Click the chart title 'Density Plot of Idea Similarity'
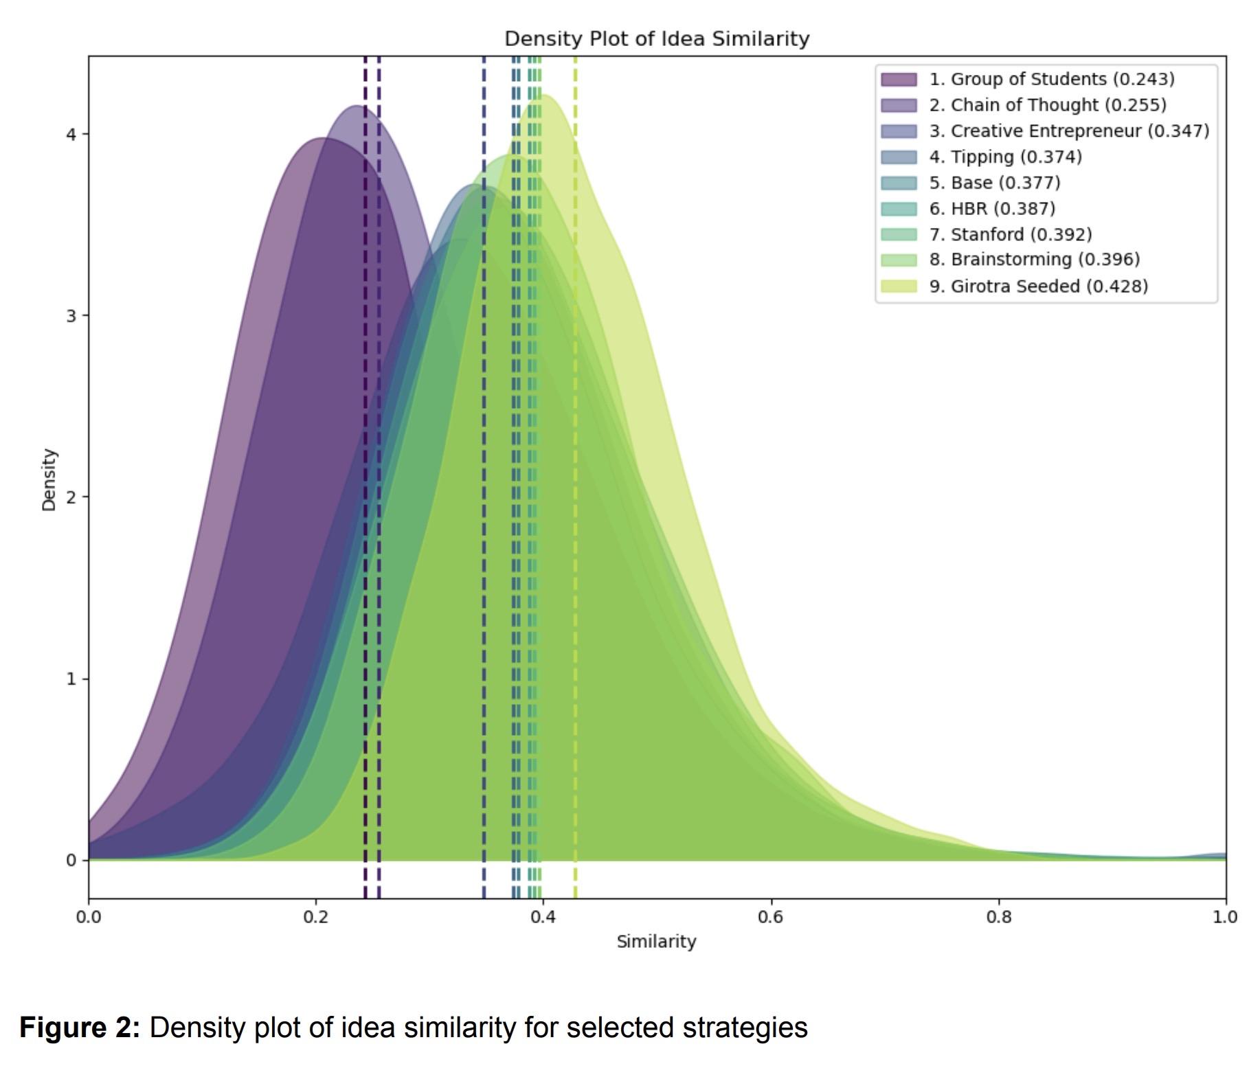tap(657, 38)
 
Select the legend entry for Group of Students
tap(1051, 79)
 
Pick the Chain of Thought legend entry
tap(1047, 105)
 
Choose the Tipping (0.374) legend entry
tap(1005, 157)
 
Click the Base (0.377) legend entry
tap(994, 183)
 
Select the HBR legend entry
tap(991, 209)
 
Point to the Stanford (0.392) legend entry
tap(1010, 235)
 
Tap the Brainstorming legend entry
tap(1034, 260)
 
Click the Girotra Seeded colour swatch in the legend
tap(899, 286)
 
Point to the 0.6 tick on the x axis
tap(771, 917)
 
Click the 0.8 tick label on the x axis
tap(998, 917)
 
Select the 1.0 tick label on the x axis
tap(1225, 917)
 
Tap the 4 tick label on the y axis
tap(71, 134)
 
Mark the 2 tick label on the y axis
tap(71, 497)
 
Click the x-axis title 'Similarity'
tap(656, 942)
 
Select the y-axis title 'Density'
tap(49, 479)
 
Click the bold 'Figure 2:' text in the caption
tap(80, 1028)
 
